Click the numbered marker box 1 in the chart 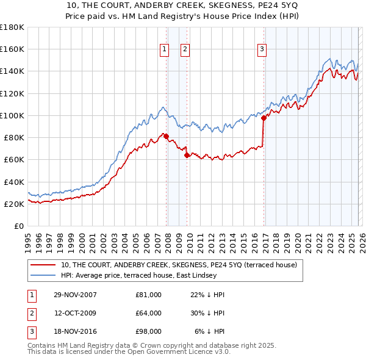click(165, 50)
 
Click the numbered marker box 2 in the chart click(185, 50)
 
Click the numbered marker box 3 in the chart click(262, 50)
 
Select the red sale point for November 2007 click(166, 136)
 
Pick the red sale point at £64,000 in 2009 click(187, 155)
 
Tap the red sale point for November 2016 click(264, 118)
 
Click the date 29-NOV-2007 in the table click(75, 295)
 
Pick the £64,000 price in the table click(149, 313)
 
